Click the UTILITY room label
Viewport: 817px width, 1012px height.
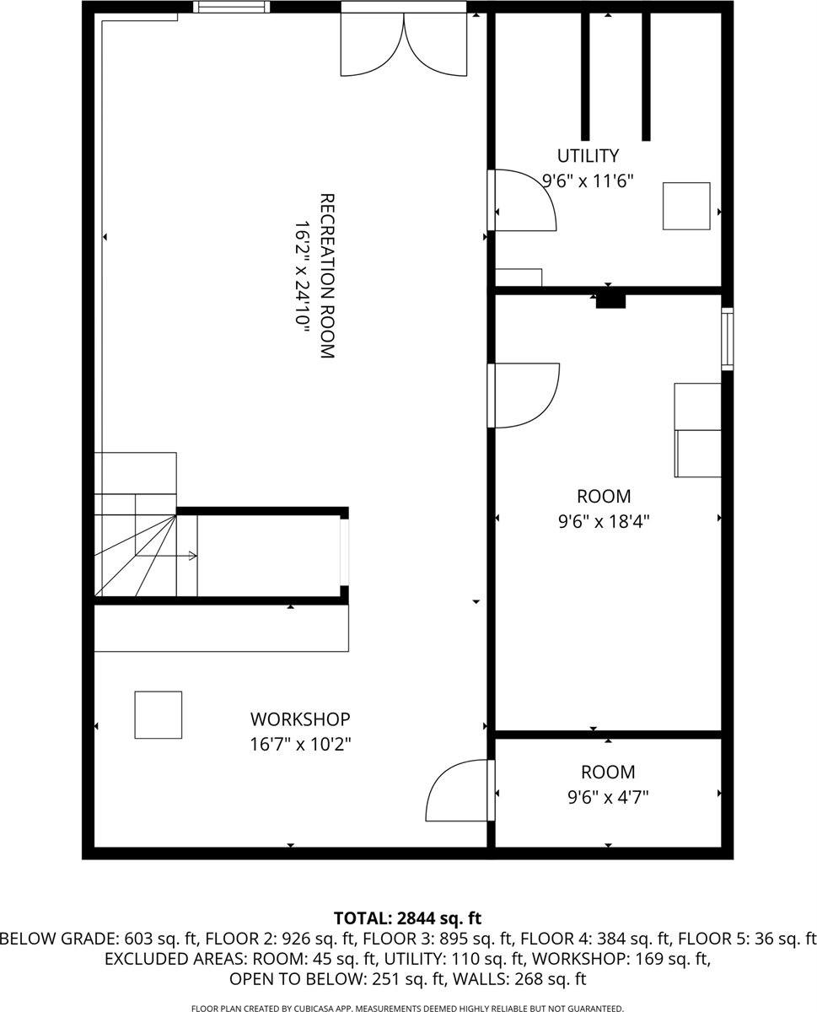tap(588, 156)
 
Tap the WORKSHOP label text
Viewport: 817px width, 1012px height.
tap(300, 719)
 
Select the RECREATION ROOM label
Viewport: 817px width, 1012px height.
tap(327, 277)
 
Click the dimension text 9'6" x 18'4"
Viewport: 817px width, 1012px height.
tap(604, 521)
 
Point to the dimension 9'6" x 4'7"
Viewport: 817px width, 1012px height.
tap(608, 797)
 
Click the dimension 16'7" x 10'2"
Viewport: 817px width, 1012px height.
tap(300, 745)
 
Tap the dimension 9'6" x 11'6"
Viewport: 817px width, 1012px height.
tap(587, 180)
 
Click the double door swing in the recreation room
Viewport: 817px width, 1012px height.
tap(404, 46)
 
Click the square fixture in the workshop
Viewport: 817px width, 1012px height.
tap(159, 715)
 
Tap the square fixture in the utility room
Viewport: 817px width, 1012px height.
tap(686, 206)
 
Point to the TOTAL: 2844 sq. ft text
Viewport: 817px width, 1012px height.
tap(408, 918)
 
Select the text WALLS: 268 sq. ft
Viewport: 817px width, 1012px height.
tap(535, 979)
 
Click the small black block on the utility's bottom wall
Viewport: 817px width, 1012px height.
tap(610, 299)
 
